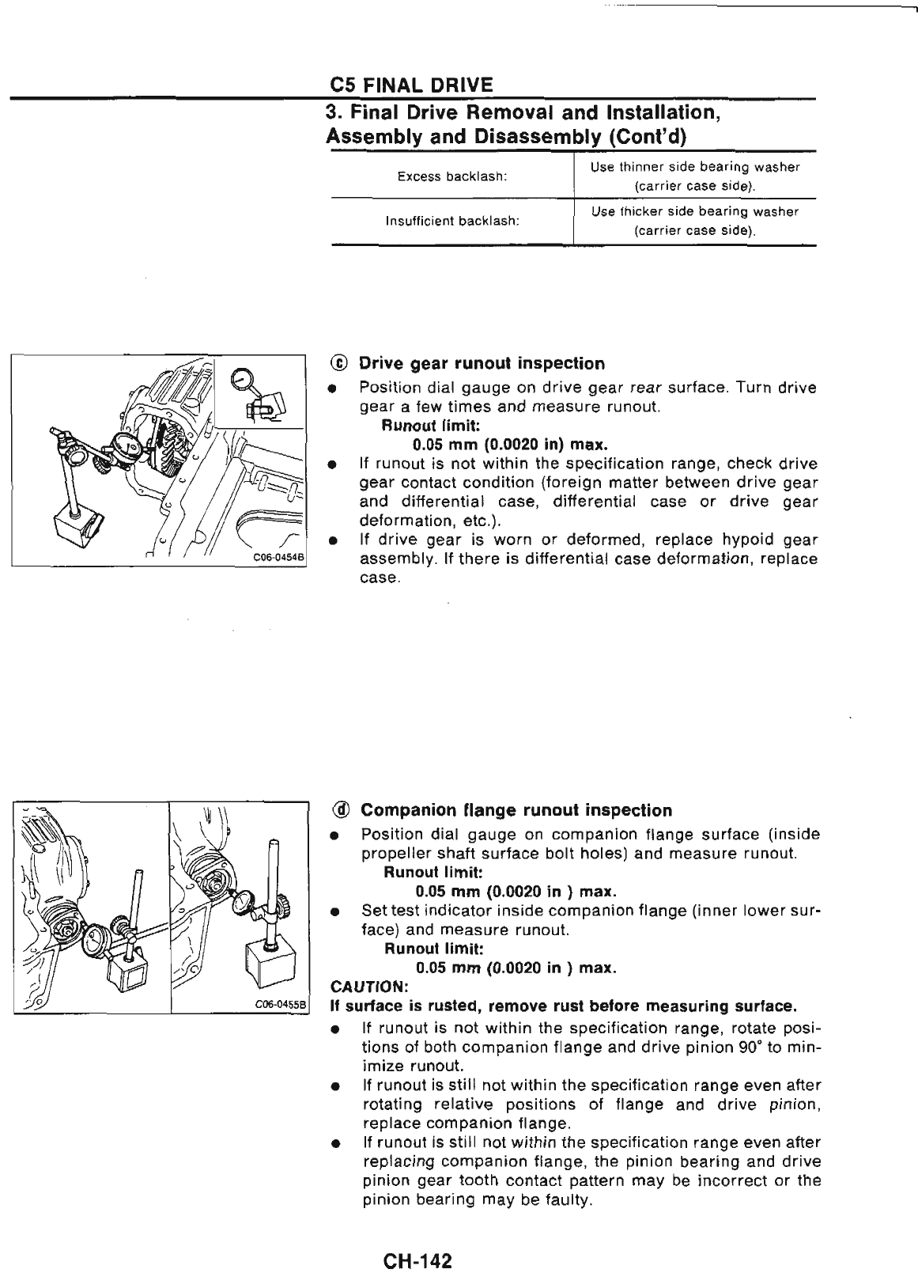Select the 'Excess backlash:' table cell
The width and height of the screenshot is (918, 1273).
451,176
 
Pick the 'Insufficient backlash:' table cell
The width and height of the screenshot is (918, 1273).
451,221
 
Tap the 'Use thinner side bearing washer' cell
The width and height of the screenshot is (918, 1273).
695,167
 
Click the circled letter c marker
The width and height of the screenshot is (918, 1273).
339,364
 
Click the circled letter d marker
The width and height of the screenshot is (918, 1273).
340,810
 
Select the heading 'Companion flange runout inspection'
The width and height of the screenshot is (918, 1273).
516,810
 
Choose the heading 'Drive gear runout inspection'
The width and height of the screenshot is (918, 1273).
482,364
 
